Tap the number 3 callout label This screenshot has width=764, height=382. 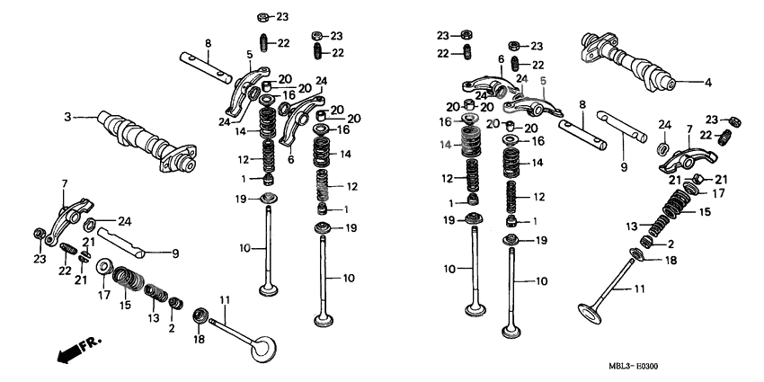pyautogui.click(x=67, y=117)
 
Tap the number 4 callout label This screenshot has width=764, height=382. pyautogui.click(x=707, y=83)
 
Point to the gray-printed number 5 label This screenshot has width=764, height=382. pyautogui.click(x=542, y=80)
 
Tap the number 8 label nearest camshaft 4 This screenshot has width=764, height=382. pyautogui.click(x=582, y=104)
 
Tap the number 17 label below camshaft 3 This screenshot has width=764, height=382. pyautogui.click(x=104, y=294)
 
